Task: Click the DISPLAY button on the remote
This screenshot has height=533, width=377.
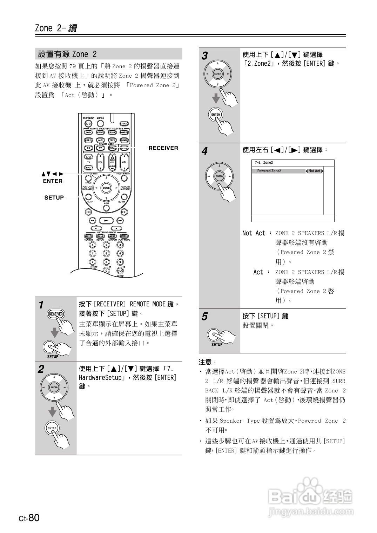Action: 124,124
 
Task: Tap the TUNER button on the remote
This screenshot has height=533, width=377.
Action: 124,140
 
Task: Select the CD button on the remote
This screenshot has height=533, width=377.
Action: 88,148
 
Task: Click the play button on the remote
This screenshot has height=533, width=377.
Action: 106,221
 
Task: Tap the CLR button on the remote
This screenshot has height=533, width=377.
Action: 120,271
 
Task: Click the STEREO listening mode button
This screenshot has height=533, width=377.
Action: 124,236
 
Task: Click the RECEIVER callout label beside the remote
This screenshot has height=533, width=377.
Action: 163,148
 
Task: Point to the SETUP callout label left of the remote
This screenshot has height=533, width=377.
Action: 54,198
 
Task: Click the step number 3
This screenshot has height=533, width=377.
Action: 205,56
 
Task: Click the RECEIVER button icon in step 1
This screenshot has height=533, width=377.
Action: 56,314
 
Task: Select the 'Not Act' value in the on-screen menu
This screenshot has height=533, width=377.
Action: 314,171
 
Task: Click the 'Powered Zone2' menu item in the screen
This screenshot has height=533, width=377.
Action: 269,171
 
